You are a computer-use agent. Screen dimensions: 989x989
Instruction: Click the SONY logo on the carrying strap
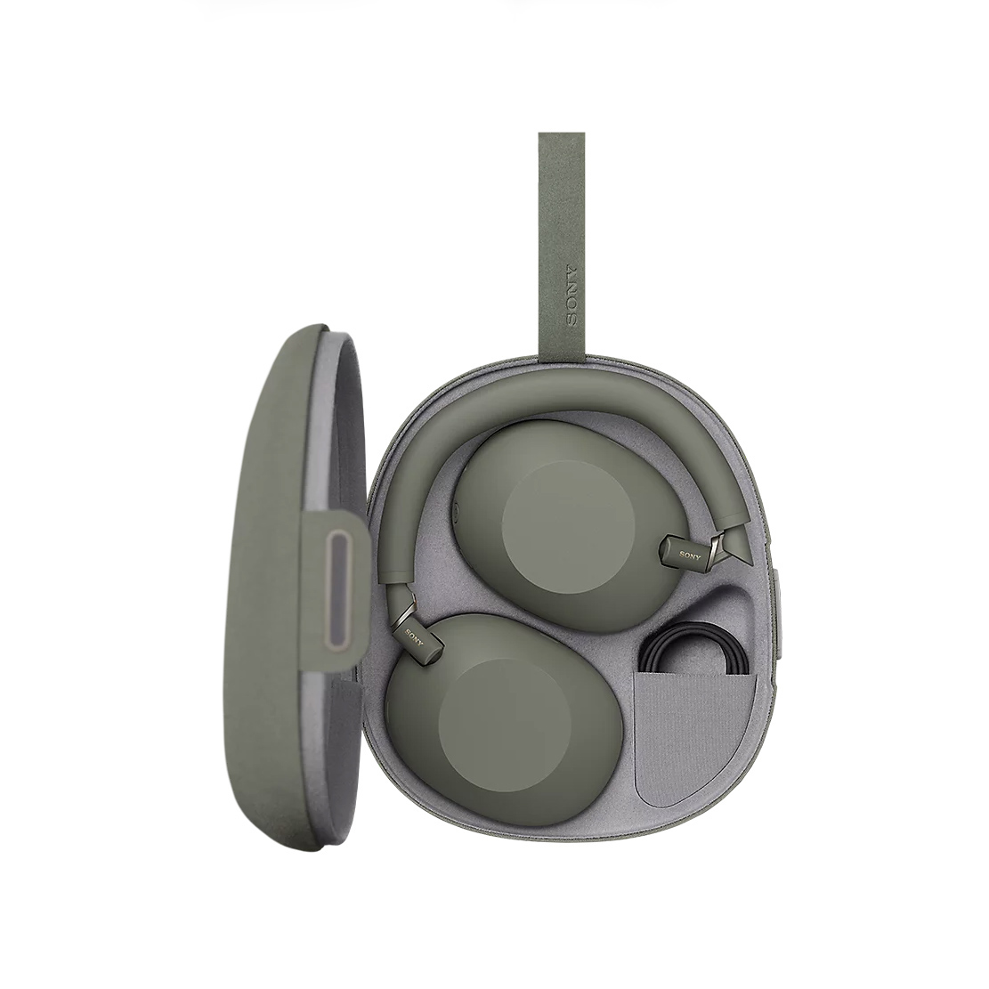572,295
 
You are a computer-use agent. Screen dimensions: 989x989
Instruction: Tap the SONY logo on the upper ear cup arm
690,555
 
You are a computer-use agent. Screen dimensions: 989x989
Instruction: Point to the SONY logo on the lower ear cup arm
415,637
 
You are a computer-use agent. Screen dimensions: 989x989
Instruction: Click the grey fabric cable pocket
693,738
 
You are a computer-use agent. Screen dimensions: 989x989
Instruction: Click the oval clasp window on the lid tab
336,589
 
